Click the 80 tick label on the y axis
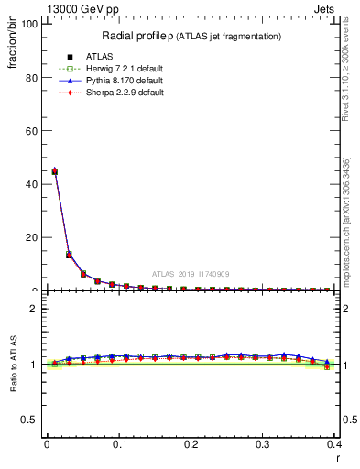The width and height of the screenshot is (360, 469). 29,78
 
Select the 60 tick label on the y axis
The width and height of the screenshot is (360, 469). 29,131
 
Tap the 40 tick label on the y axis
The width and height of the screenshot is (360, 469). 29,184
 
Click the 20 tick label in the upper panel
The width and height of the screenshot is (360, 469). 29,237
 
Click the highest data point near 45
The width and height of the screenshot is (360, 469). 54,170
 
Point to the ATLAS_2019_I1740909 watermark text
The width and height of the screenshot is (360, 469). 191,274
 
